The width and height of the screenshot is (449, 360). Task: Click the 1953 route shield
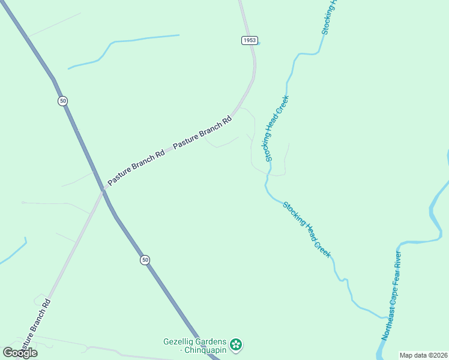point(250,40)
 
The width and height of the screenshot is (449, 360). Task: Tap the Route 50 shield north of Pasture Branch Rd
point(63,101)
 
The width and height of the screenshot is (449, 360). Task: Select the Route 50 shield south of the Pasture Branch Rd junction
point(145,260)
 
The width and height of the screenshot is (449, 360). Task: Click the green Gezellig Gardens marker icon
point(237,344)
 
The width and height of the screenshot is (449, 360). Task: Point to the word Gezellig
point(181,342)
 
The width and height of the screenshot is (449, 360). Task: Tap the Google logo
point(20,353)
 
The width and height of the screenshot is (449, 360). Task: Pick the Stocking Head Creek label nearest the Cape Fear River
point(307,229)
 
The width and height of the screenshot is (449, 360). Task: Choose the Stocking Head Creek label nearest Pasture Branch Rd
point(277,128)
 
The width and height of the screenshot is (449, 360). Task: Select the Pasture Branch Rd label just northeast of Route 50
point(136,167)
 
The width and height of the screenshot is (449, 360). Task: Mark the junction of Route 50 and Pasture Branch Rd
point(103,190)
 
